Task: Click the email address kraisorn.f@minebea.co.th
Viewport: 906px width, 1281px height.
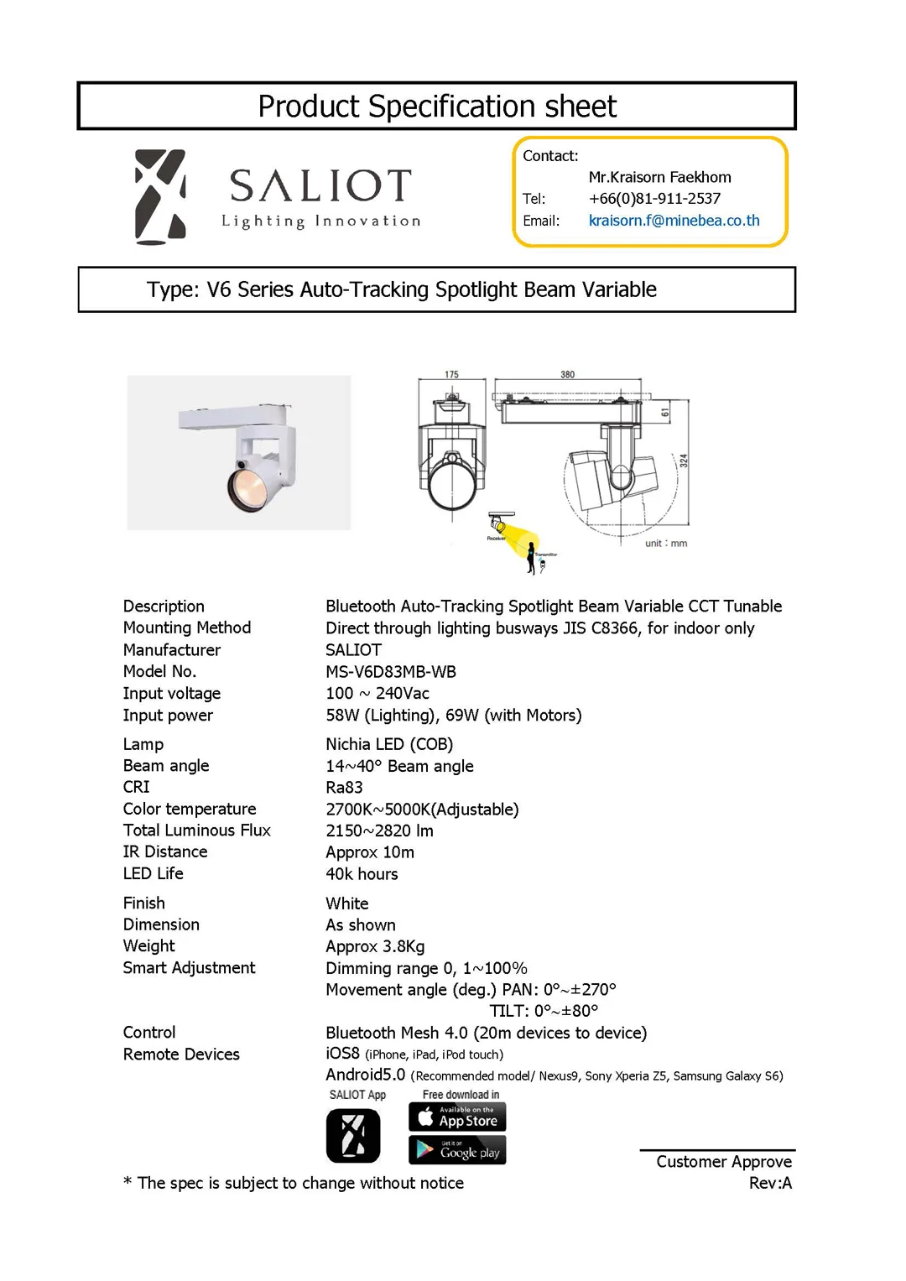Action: (x=674, y=221)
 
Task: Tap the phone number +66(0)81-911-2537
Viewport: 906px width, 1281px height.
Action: (x=654, y=199)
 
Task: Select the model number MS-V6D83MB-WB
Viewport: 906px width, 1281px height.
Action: (x=391, y=672)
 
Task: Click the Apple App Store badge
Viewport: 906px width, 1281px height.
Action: (x=457, y=1117)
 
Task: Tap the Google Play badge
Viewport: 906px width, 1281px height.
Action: (x=457, y=1150)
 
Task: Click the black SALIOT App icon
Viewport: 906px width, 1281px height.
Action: (x=353, y=1136)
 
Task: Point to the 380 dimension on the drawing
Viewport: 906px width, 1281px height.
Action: (x=568, y=375)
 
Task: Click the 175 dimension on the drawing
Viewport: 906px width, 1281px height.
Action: (x=451, y=375)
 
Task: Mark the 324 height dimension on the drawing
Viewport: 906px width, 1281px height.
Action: (x=684, y=461)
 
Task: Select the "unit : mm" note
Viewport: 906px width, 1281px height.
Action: (x=666, y=544)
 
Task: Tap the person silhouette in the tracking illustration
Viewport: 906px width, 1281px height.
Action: (x=531, y=558)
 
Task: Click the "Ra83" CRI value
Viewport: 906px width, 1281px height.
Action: (x=344, y=788)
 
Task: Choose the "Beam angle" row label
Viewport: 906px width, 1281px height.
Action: (x=166, y=766)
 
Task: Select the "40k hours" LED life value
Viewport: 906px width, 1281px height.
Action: (x=362, y=874)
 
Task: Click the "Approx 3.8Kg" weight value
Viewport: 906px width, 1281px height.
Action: (x=375, y=946)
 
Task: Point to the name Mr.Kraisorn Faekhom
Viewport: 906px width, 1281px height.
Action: (x=659, y=177)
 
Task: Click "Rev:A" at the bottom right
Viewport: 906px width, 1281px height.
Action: (x=770, y=1183)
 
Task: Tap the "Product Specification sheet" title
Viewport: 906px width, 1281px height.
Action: (x=436, y=107)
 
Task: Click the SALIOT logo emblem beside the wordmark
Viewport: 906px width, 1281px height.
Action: (x=160, y=197)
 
